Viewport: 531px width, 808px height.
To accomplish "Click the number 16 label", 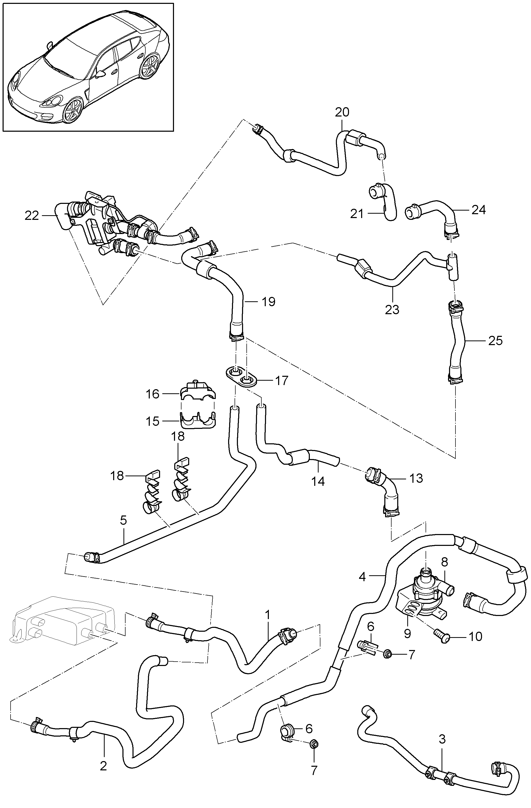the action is tap(152, 394).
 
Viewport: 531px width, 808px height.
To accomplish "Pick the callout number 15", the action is tap(152, 421).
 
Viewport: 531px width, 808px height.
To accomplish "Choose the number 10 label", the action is tap(475, 637).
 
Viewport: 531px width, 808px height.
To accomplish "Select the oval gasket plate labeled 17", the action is tap(241, 376).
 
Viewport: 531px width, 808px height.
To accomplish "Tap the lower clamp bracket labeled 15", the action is tap(198, 420).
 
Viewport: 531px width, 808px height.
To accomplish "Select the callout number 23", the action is tap(392, 310).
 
